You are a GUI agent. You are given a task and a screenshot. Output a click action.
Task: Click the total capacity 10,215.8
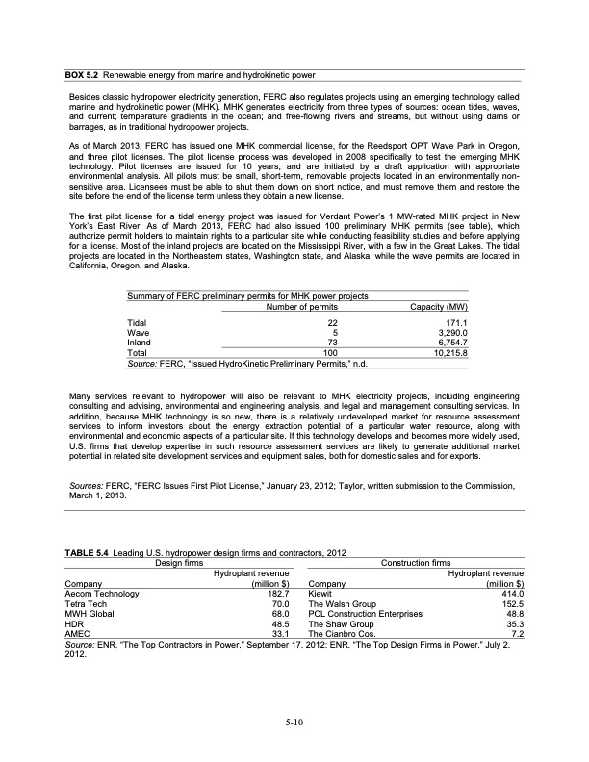[x=447, y=352]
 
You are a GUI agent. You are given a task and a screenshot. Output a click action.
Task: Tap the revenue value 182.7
[x=279, y=595]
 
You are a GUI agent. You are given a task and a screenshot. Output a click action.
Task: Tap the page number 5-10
[x=294, y=723]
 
